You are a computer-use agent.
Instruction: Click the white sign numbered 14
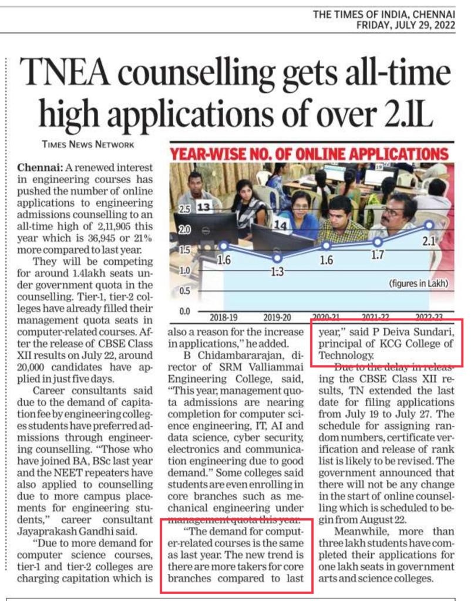[x=280, y=224]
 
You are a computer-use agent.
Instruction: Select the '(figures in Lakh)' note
[x=418, y=284]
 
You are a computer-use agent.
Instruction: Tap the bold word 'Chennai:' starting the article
[x=38, y=168]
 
